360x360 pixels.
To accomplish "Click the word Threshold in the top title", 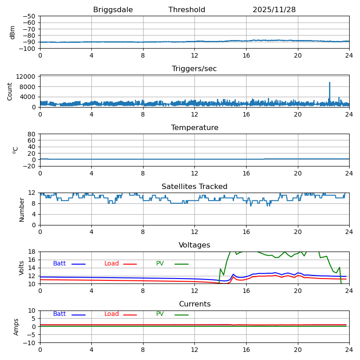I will tap(187, 10).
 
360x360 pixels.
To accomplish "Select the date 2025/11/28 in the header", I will tap(274, 10).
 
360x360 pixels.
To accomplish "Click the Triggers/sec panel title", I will tap(194, 69).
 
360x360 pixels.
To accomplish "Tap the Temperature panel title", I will tap(194, 128).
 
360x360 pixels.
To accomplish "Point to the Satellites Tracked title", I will tap(194, 187).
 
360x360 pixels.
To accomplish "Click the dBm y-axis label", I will tap(13, 32).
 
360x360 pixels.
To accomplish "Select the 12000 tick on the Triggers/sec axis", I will tap(27, 77).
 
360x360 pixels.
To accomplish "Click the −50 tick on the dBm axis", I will tap(29, 16).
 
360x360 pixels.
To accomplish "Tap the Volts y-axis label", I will tap(22, 267).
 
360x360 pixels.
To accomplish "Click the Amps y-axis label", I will tap(16, 327).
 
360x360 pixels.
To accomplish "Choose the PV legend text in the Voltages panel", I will tap(160, 264).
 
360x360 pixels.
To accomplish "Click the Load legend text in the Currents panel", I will tap(112, 314).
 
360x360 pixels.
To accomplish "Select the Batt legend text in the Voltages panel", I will tap(59, 264).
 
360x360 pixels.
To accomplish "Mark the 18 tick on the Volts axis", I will tap(32, 252).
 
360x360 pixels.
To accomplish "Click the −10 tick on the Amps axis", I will tap(30, 343).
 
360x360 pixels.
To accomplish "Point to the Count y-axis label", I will tap(10, 91).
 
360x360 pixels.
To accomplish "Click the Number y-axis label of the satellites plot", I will tap(22, 209).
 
